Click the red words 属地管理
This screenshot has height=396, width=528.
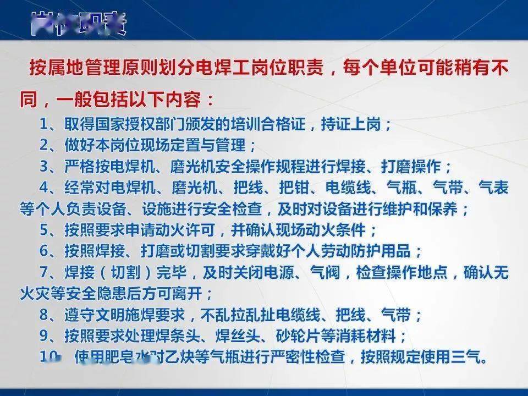[x=86, y=70]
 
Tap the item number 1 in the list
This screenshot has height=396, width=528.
[x=44, y=124]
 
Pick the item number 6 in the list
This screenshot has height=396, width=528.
[x=44, y=251]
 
